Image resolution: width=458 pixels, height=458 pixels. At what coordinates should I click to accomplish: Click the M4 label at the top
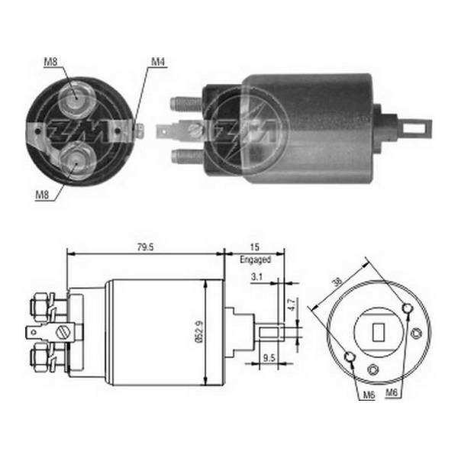pos(158,62)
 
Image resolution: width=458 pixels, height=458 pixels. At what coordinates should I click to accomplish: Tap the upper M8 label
pos(50,62)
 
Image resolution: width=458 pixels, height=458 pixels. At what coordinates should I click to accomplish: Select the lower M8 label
pos(42,195)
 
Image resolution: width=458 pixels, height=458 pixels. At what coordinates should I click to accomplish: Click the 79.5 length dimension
pos(145,247)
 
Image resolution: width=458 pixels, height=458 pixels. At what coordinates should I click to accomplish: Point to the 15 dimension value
pos(254,247)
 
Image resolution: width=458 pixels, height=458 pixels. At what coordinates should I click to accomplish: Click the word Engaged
pos(255,260)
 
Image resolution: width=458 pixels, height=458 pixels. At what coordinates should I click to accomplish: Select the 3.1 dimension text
pos(256,276)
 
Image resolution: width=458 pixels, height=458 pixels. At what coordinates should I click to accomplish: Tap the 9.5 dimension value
pos(269,357)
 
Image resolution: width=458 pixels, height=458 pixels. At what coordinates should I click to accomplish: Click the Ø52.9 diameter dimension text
pos(199,331)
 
